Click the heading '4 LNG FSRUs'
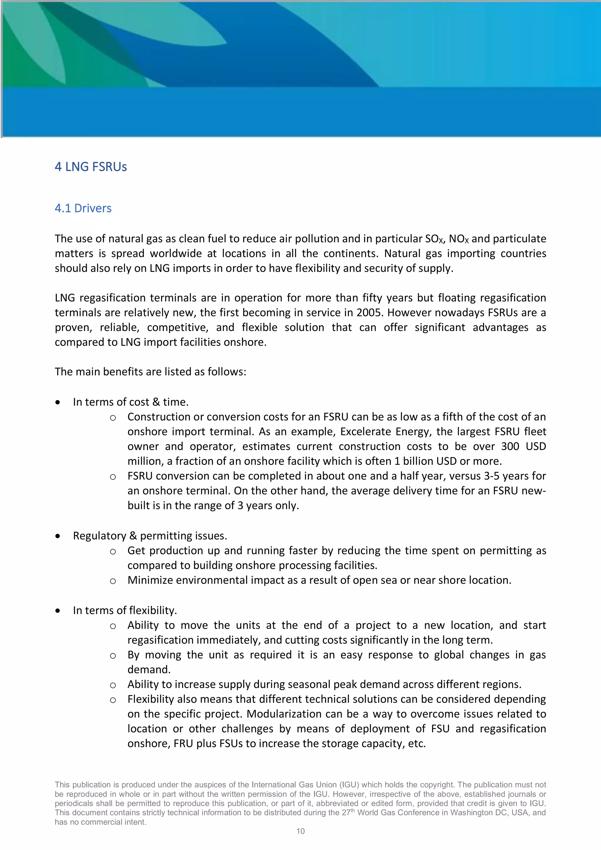point(91,167)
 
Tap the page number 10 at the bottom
point(300,831)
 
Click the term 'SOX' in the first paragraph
point(434,239)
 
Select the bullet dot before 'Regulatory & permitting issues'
point(58,536)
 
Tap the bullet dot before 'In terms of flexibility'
point(58,610)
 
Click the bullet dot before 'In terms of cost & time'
point(58,402)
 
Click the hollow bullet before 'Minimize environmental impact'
point(113,581)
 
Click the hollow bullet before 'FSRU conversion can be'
point(113,477)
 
